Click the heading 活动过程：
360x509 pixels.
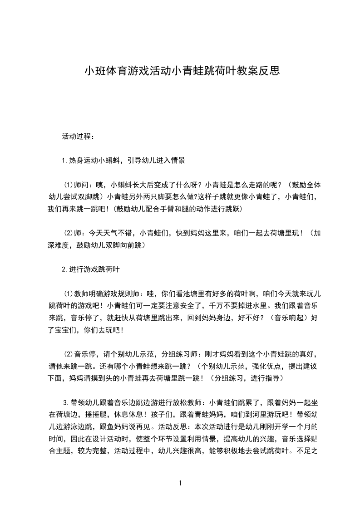(x=78, y=136)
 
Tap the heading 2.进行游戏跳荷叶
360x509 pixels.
(x=91, y=269)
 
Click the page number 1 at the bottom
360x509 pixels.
(x=180, y=483)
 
